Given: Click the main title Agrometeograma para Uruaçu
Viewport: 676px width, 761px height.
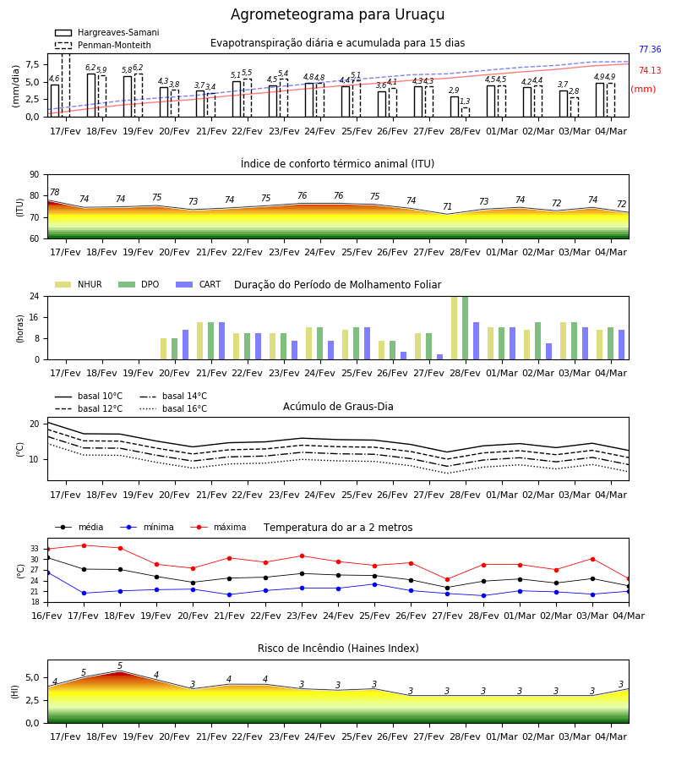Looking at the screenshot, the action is pos(337,14).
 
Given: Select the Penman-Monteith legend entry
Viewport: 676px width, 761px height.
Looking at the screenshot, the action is pos(103,45).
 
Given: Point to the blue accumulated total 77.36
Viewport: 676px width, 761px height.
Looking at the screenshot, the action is pos(650,49).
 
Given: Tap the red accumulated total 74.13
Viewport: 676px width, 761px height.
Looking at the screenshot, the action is pos(650,70).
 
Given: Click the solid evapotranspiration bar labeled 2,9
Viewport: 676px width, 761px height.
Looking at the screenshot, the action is pos(455,107).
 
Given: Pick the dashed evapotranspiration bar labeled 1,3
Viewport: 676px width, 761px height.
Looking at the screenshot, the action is pos(466,112).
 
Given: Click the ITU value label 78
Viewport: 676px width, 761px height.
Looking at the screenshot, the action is pos(54,192).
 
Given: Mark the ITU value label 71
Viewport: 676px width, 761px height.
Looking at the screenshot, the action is pos(447,206).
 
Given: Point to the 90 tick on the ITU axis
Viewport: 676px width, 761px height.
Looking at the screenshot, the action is pos(34,175).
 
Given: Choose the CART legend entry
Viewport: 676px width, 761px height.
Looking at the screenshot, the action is pos(199,284).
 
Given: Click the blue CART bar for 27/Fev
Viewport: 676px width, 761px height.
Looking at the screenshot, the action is pos(440,357).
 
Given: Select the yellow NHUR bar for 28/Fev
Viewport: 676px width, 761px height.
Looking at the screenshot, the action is pos(455,328).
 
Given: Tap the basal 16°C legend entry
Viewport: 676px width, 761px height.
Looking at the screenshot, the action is pos(173,408).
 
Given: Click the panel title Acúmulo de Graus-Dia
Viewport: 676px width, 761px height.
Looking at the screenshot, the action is pos(338,406).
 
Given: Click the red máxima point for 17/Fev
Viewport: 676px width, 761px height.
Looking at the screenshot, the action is pos(84,545).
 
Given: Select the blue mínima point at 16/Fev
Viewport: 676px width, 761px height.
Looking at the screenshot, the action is pos(48,572).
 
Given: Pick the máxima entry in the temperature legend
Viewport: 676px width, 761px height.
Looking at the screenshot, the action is pos(218,527).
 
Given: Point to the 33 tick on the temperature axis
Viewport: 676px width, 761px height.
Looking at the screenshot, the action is pos(35,549).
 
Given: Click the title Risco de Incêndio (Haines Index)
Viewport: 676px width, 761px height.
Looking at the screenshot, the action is pos(338,649).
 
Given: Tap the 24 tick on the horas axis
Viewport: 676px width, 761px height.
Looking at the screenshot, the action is pos(34,296).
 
